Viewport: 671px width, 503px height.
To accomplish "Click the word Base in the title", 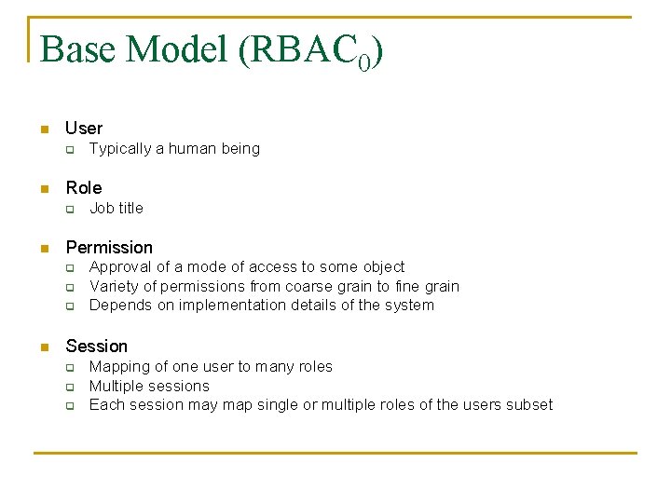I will (x=78, y=50).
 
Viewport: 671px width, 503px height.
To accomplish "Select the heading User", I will (x=84, y=129).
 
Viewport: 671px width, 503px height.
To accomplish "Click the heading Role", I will (x=83, y=188).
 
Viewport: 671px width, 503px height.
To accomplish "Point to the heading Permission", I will (x=109, y=248).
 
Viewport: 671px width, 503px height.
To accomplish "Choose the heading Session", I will (x=96, y=347).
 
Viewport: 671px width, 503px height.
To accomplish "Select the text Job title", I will (x=116, y=209).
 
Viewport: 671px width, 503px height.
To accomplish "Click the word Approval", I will (x=119, y=267).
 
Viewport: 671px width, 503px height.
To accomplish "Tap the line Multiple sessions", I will (x=149, y=386).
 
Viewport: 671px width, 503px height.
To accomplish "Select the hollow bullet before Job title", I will (x=68, y=210).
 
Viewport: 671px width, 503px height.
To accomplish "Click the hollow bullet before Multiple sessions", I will (x=68, y=387).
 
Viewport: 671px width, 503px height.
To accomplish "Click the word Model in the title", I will (x=176, y=50).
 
